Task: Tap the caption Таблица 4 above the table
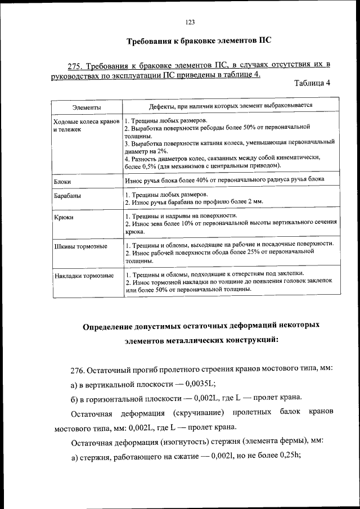[x=312, y=84]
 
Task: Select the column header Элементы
[x=86, y=106]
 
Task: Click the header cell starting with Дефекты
[x=231, y=105]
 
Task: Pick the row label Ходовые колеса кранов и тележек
[x=85, y=125]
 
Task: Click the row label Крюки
[x=64, y=217]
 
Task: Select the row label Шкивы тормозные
[x=80, y=247]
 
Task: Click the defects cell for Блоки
[x=225, y=179]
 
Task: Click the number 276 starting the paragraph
[x=78, y=369]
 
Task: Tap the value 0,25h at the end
[x=289, y=457]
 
